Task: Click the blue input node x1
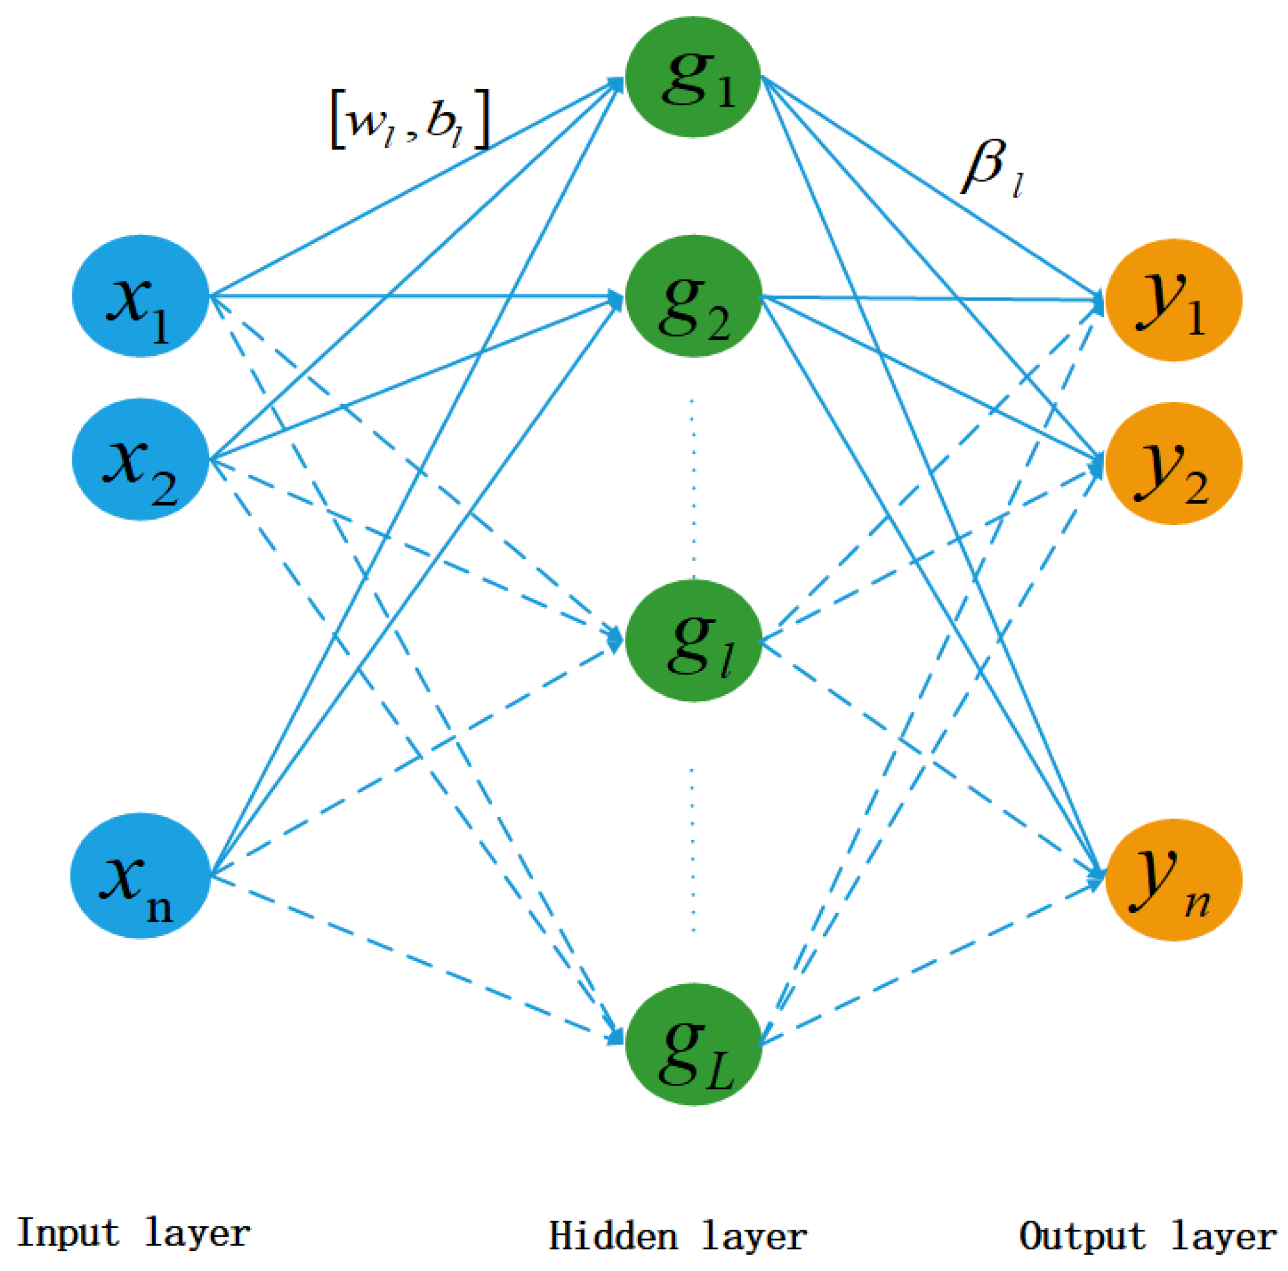pyautogui.click(x=140, y=296)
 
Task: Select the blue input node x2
pyautogui.click(x=140, y=460)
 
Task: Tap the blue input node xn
pyautogui.click(x=140, y=875)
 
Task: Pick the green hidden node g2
pyautogui.click(x=693, y=296)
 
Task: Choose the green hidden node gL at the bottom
pyautogui.click(x=693, y=1044)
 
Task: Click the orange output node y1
pyautogui.click(x=1173, y=300)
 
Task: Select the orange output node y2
pyautogui.click(x=1173, y=464)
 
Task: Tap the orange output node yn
pyautogui.click(x=1173, y=879)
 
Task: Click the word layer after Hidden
pyautogui.click(x=754, y=1235)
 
